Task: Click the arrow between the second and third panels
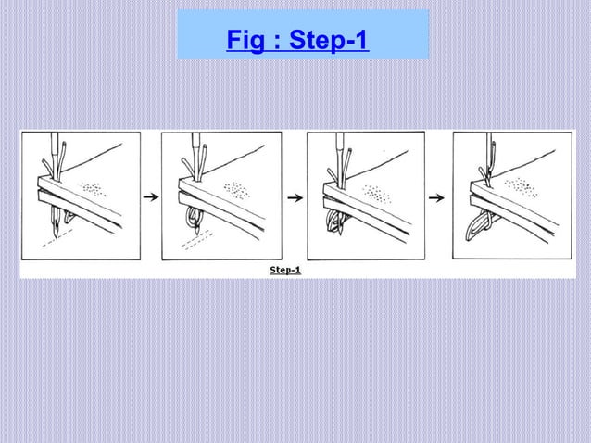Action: coord(295,197)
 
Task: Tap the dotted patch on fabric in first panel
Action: coord(94,188)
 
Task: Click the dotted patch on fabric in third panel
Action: coord(380,196)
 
